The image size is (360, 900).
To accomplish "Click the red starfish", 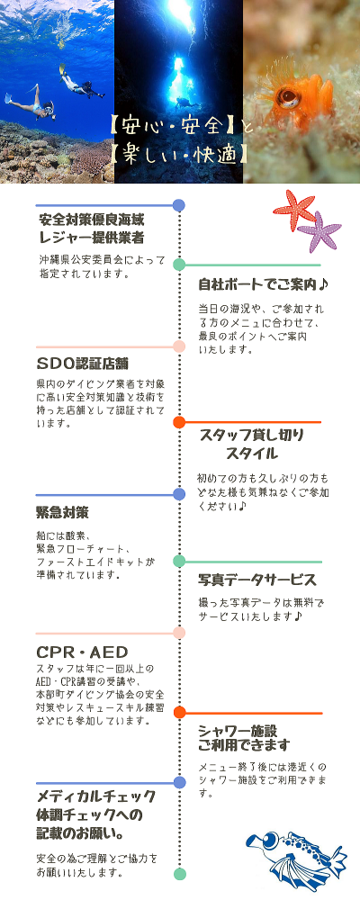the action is pyautogui.click(x=294, y=210).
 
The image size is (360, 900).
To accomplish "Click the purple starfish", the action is pyautogui.click(x=319, y=232).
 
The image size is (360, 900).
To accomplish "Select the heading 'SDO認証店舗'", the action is pyautogui.click(x=82, y=364).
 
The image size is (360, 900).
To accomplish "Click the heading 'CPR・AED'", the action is pyautogui.click(x=82, y=652).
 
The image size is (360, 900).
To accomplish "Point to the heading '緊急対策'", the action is pyautogui.click(x=62, y=511).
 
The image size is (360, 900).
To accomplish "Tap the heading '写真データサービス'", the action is pyautogui.click(x=257, y=580).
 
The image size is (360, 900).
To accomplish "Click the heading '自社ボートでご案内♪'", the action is pyautogui.click(x=263, y=284).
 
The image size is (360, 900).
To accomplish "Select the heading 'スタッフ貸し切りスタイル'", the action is pyautogui.click(x=251, y=444).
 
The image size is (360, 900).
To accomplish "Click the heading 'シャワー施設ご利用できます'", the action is pyautogui.click(x=244, y=738).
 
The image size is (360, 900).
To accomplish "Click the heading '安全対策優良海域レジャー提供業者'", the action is pyautogui.click(x=91, y=229).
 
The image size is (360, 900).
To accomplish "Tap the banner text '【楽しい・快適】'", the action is pyautogui.click(x=180, y=155).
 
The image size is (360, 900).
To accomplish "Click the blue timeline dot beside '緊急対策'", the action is pyautogui.click(x=179, y=494).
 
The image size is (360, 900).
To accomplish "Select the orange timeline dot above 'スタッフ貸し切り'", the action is pyautogui.click(x=179, y=422).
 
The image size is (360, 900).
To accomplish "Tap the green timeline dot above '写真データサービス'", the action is pyautogui.click(x=179, y=562).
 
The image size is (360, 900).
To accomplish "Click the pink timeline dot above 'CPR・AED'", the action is pyautogui.click(x=179, y=633).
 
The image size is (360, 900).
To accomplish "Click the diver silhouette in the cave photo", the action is pyautogui.click(x=184, y=103).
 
